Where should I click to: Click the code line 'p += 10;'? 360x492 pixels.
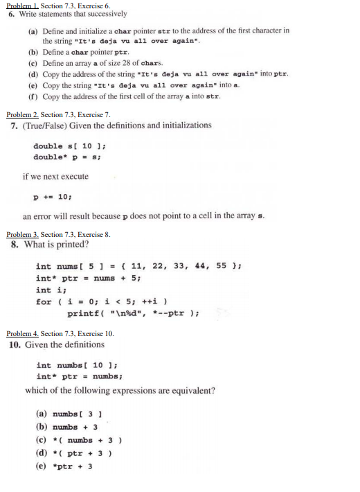tap(52, 196)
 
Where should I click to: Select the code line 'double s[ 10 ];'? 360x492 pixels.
tap(66, 147)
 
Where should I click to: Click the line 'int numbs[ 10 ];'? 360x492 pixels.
tap(71, 365)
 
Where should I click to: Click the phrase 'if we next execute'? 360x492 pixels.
tap(55, 177)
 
